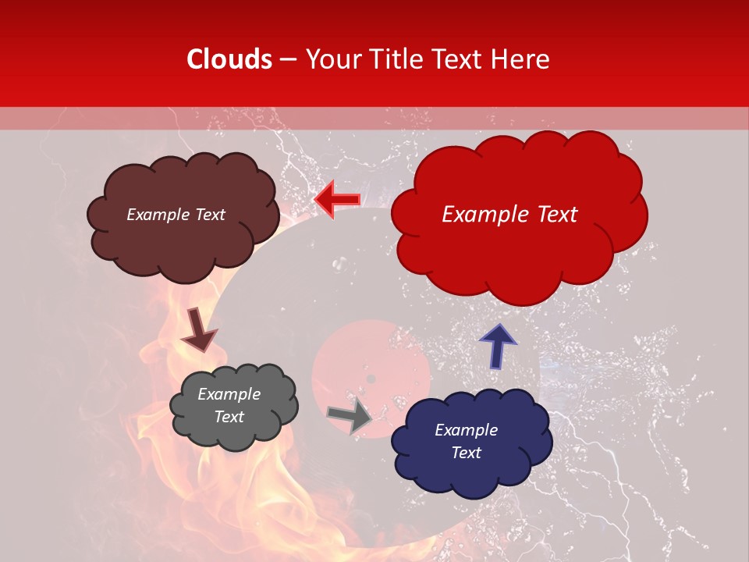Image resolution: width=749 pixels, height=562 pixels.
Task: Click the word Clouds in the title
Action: click(x=229, y=59)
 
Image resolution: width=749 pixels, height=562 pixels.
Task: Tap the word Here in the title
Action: click(x=520, y=59)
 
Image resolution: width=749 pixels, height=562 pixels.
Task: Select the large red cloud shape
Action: click(x=519, y=250)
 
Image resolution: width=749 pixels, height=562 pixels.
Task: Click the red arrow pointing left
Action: click(x=337, y=200)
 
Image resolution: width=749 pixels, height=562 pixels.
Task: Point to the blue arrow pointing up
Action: click(x=497, y=346)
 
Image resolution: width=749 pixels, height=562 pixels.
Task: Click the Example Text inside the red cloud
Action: click(x=509, y=215)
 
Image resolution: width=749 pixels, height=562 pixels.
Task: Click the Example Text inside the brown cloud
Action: click(x=176, y=215)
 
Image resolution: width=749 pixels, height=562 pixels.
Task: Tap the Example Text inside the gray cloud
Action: click(x=229, y=406)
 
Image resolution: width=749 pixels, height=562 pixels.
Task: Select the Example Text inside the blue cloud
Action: click(x=466, y=441)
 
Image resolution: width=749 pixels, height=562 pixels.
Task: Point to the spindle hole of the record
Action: click(x=371, y=379)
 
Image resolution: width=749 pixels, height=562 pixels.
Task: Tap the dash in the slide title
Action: click(x=287, y=60)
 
